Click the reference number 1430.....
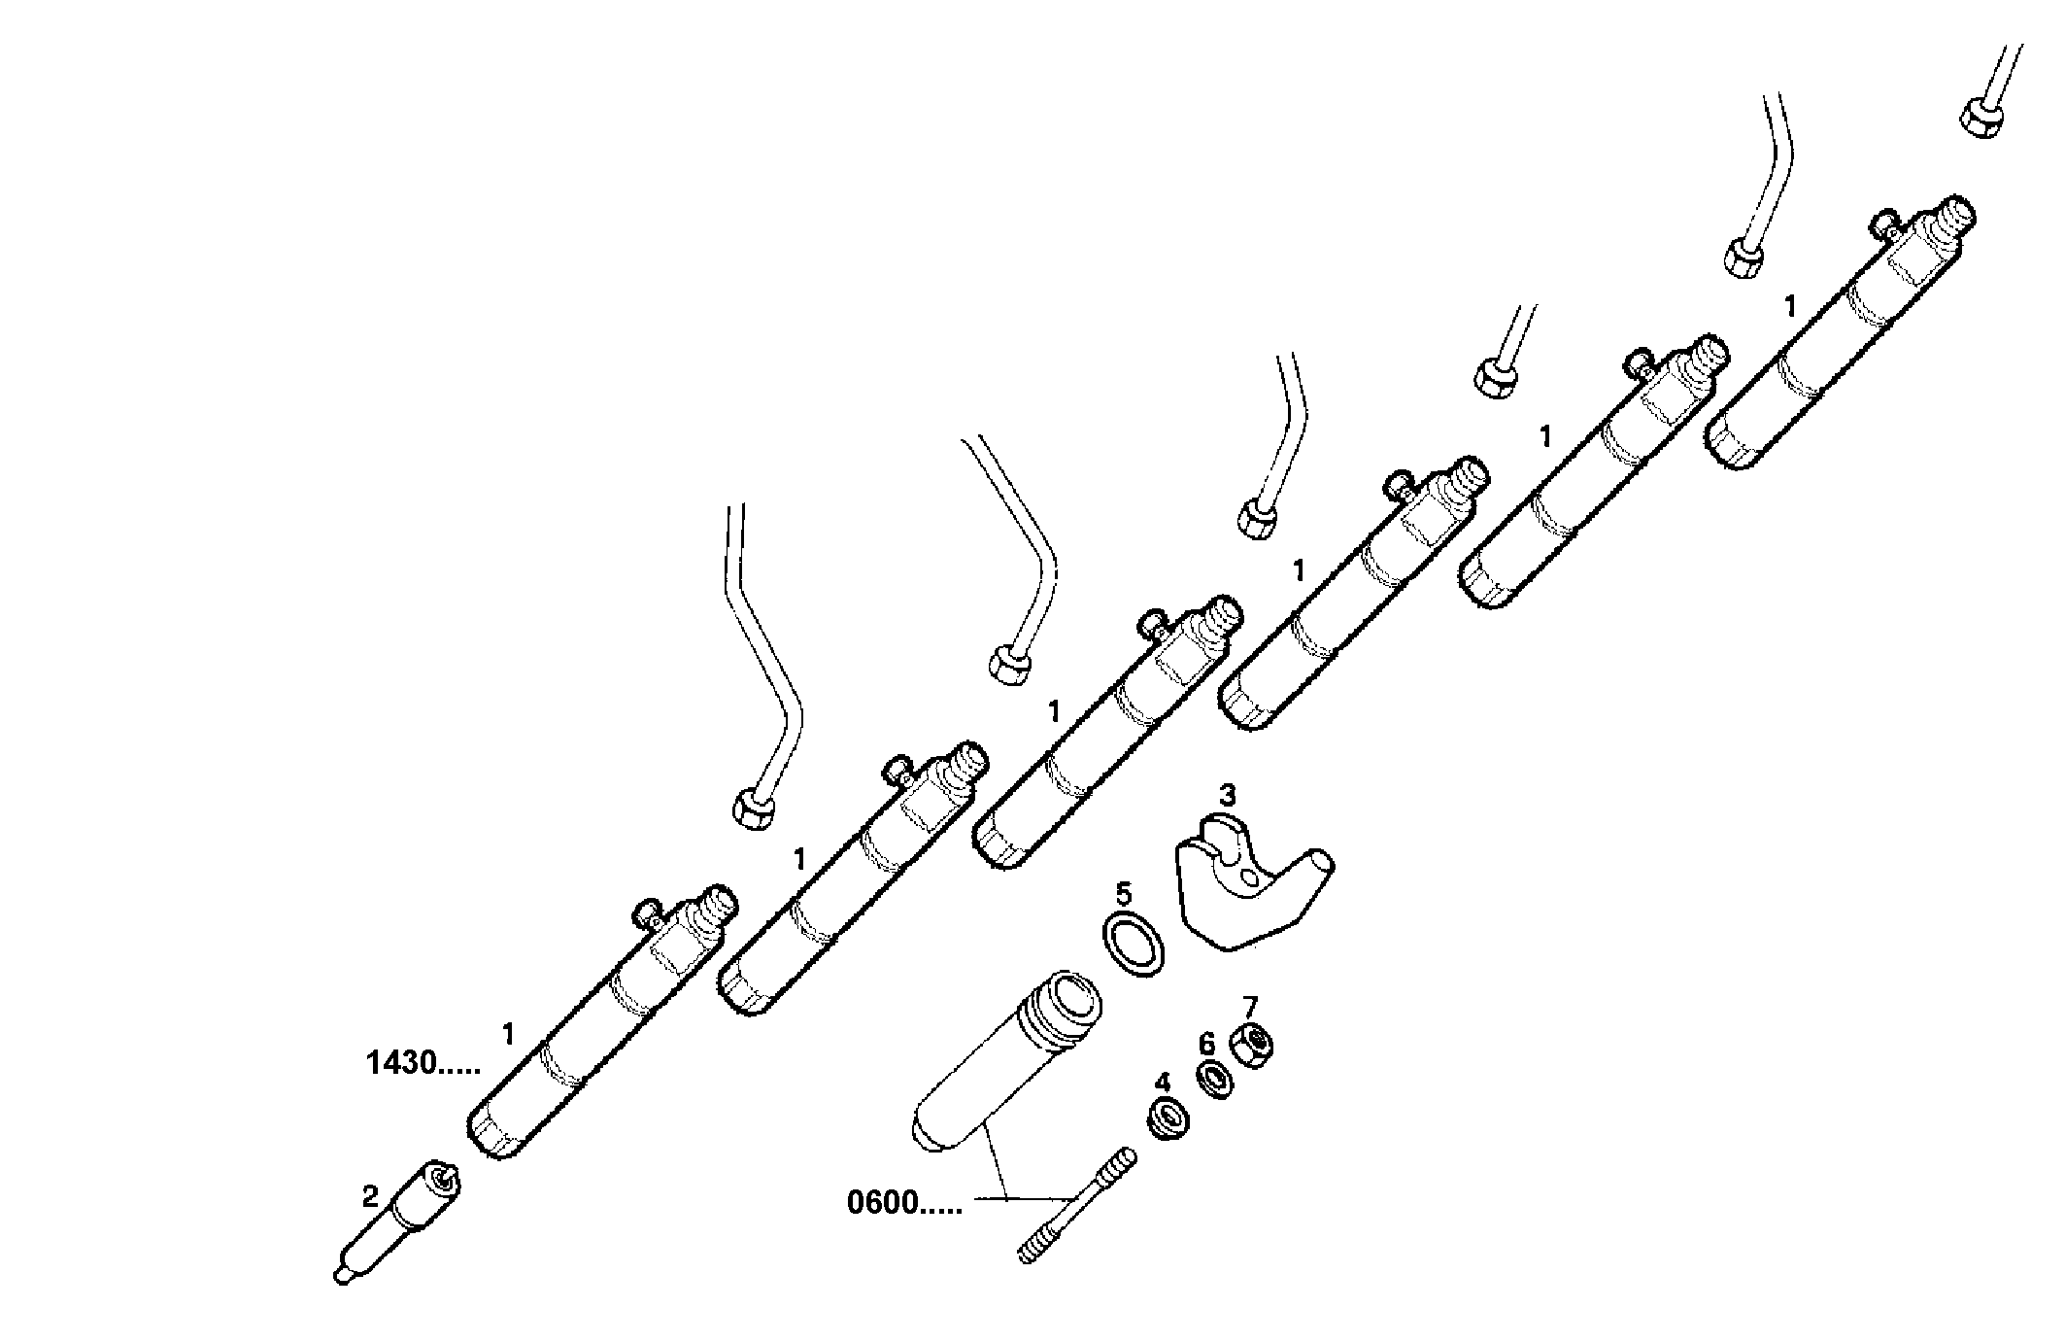point(423,1063)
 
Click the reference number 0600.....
point(904,1203)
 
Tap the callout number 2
point(370,1196)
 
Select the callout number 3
point(1228,795)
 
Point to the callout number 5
point(1123,892)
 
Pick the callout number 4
point(1163,1082)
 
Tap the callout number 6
point(1206,1045)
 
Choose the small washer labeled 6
point(1214,1082)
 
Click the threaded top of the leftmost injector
point(719,906)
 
